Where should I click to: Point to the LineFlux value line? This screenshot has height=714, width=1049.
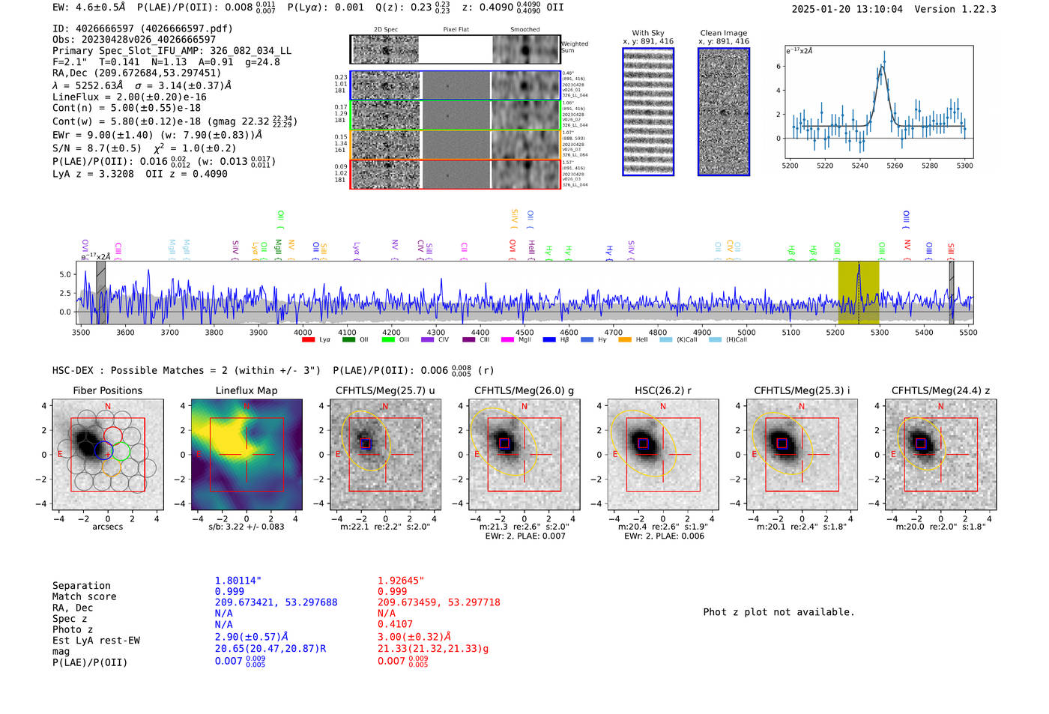[x=129, y=97]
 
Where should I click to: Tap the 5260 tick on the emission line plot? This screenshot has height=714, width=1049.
[x=895, y=166]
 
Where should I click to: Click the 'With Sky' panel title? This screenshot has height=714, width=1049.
[x=647, y=33]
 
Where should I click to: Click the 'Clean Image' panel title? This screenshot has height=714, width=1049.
[x=723, y=33]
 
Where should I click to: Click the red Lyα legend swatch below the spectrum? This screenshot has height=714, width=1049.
[x=308, y=340]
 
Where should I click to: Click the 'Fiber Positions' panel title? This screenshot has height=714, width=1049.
[x=107, y=390]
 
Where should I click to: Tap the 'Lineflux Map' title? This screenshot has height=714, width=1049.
[x=246, y=390]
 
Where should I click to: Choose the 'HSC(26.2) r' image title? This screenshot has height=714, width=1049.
[x=662, y=390]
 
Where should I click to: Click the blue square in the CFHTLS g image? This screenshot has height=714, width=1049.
[x=504, y=443]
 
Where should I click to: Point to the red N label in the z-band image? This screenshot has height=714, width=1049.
[x=940, y=406]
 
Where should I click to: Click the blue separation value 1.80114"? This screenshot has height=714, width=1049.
[x=238, y=581]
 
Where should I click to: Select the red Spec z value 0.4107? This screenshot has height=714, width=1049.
[x=395, y=624]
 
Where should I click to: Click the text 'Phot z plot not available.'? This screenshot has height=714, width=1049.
[x=779, y=612]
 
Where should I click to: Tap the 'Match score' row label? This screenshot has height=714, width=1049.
[x=84, y=596]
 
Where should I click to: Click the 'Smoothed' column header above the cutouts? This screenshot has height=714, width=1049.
[x=524, y=30]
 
